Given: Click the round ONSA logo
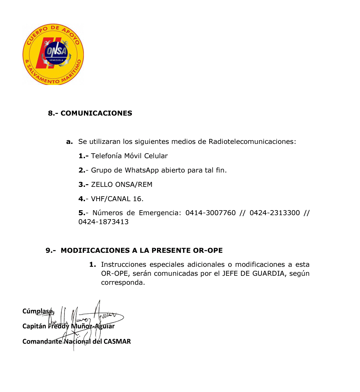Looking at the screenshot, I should (53, 55).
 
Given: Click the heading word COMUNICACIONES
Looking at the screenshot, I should (96, 113).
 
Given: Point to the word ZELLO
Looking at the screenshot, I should (102, 185).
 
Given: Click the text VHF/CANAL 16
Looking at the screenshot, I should (117, 199).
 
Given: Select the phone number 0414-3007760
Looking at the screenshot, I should (210, 213).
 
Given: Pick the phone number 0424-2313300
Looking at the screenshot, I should (275, 213).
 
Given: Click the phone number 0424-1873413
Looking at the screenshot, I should (103, 222).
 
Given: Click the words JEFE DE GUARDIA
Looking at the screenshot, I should (254, 273).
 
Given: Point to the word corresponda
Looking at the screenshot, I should (122, 282).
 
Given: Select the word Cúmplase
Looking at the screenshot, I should (38, 311).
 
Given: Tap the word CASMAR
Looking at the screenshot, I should (117, 341).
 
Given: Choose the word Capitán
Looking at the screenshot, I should (34, 326).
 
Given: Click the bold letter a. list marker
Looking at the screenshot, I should (69, 142).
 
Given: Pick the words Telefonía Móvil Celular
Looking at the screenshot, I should (129, 156).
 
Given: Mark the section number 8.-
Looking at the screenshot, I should (53, 113).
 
